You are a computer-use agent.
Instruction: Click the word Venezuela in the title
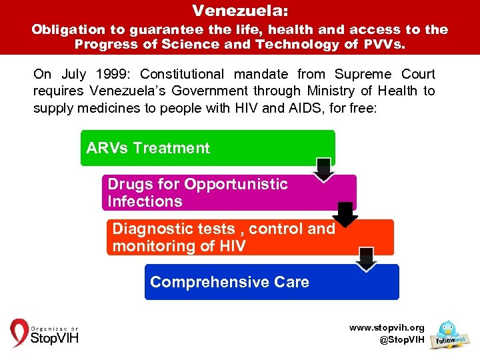tap(238, 11)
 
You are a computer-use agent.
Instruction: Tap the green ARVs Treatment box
tap(207, 147)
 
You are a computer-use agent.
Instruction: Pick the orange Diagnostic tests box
tap(248, 237)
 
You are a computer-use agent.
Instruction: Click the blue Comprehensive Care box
tap(271, 282)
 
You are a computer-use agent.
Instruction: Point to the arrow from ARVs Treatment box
tap(324, 170)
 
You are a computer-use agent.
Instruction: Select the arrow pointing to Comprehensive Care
tap(367, 259)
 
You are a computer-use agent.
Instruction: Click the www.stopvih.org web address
tap(387, 327)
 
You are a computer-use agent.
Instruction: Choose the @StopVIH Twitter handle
tap(401, 340)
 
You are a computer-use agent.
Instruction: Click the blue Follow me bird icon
tap(448, 333)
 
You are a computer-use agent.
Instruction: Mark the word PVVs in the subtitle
tap(385, 45)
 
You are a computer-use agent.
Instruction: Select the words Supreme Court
tap(385, 74)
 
